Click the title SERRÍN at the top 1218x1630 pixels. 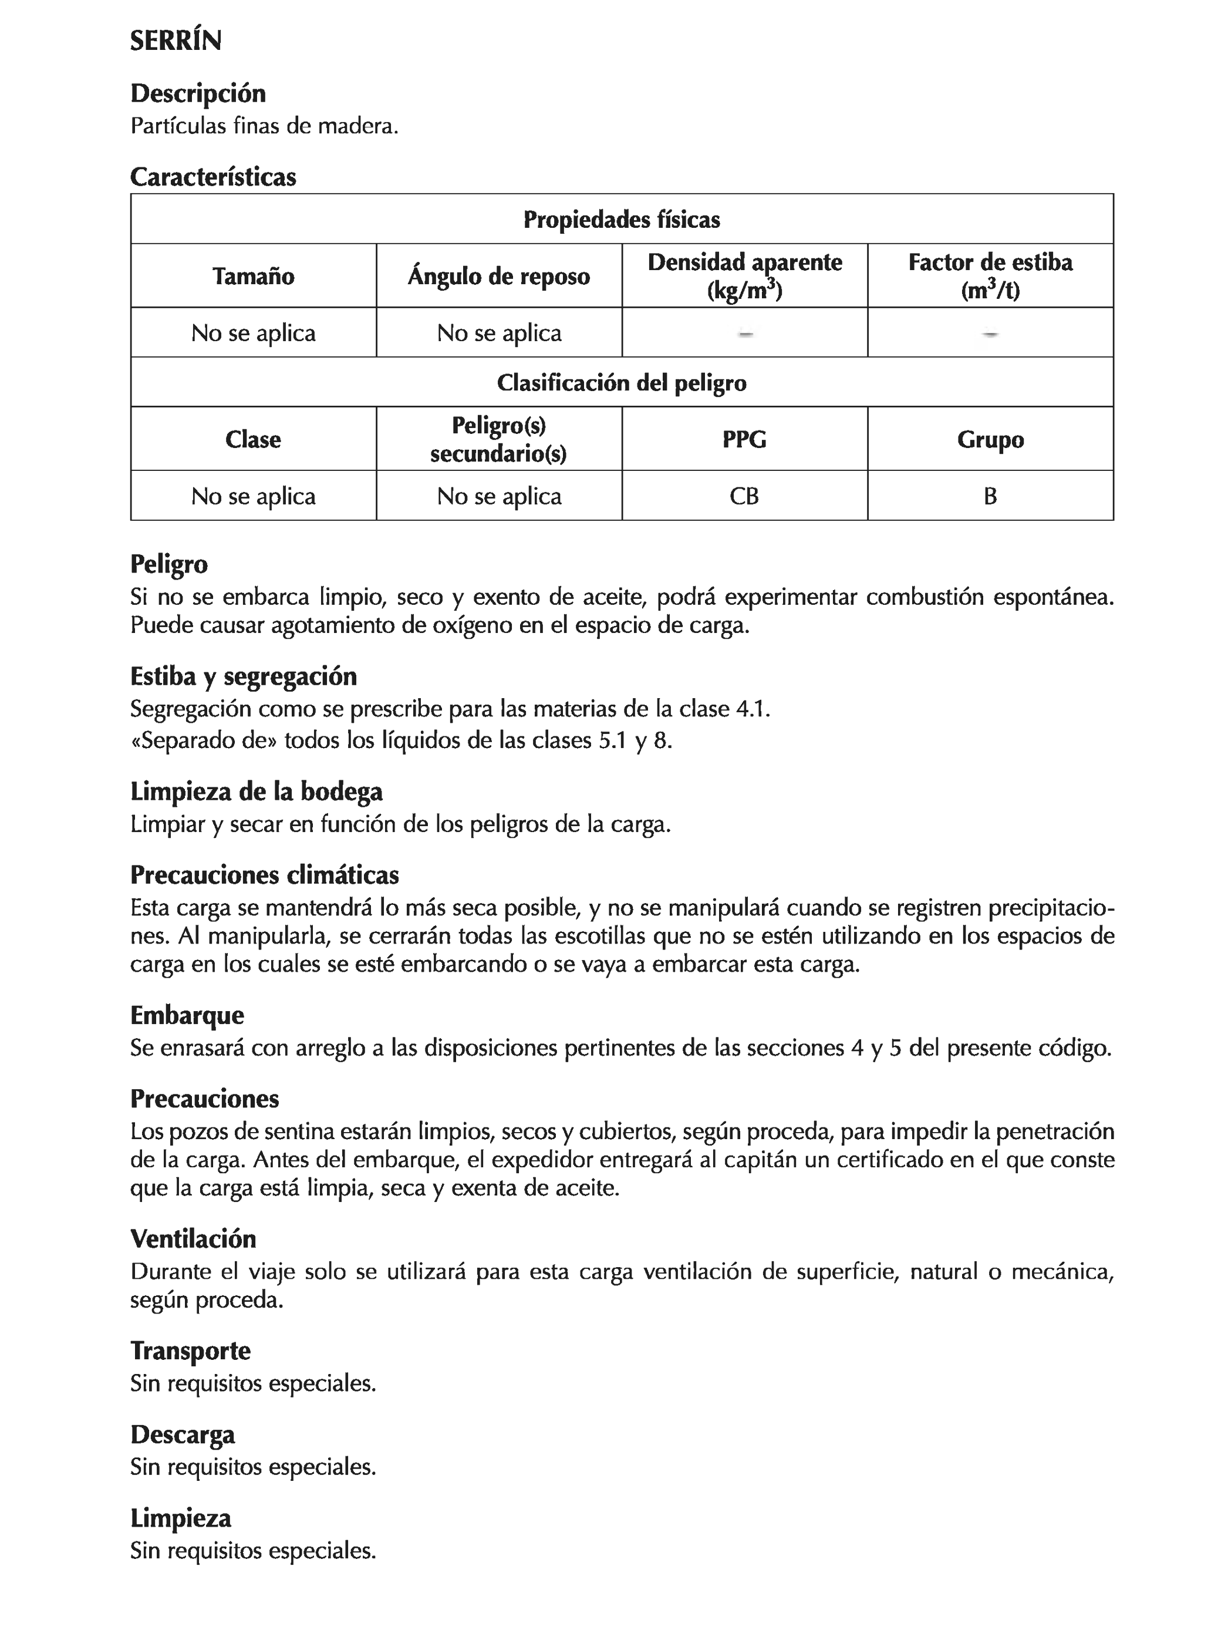point(176,41)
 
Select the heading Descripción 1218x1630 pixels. point(197,93)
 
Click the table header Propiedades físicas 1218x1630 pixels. point(621,220)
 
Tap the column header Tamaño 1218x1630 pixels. point(254,277)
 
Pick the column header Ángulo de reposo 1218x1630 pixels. point(499,277)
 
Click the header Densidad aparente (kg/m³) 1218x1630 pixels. point(744,275)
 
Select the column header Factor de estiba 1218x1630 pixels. point(990,275)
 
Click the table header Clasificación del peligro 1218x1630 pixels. point(621,382)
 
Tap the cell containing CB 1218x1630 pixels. point(744,496)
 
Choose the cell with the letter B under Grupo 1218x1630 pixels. point(990,496)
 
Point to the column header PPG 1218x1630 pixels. point(744,439)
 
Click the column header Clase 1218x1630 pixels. point(254,439)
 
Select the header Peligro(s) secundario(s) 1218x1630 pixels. point(499,439)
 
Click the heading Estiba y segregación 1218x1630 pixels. point(243,676)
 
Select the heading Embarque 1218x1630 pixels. point(187,1015)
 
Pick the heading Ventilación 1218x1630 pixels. point(193,1239)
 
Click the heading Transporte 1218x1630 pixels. point(190,1351)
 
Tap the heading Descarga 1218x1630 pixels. point(183,1434)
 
